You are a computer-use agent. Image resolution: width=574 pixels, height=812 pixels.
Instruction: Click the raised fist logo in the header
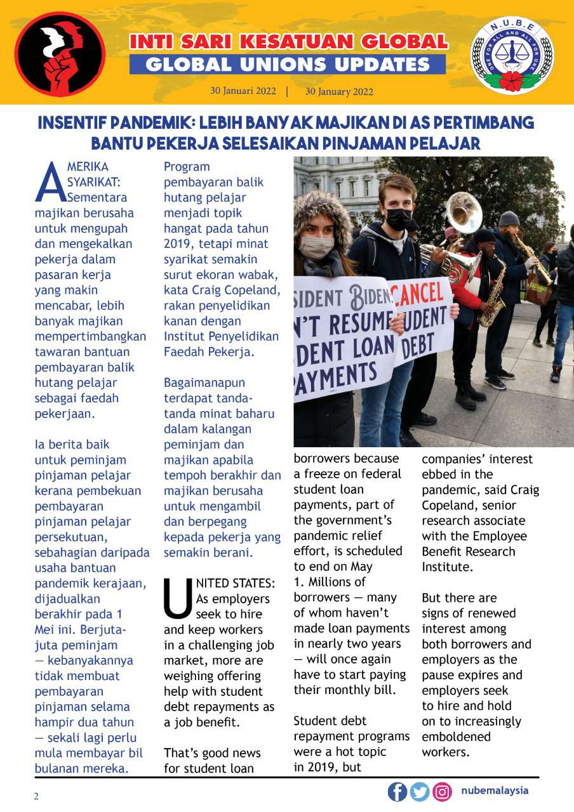60,53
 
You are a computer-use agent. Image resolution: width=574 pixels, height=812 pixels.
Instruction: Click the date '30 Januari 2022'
243,91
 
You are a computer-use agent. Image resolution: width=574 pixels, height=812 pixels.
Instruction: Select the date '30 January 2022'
339,91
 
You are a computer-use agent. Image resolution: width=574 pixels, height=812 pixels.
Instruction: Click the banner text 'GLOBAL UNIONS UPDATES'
288,64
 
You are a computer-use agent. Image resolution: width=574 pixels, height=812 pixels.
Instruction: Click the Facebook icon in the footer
397,792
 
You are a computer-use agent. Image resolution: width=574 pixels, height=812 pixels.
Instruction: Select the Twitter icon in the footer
420,792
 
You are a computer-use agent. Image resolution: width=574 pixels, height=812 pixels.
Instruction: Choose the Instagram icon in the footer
442,792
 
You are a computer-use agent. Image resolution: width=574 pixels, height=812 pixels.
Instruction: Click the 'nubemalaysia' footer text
495,791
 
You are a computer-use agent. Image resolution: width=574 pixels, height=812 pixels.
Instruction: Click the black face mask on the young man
399,219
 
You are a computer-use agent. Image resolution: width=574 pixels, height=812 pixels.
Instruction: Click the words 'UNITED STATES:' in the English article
235,583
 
